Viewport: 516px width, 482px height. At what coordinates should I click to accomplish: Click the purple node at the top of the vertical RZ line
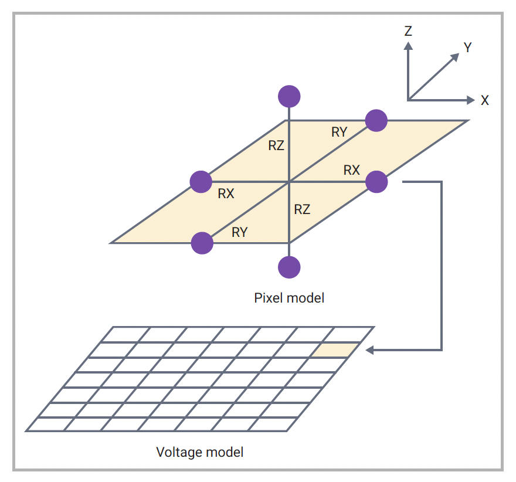(x=288, y=96)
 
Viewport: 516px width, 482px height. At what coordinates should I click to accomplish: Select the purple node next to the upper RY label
(x=376, y=120)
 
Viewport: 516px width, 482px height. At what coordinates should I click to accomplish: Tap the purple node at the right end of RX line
(x=376, y=182)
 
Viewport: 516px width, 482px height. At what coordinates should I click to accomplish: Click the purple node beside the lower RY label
(x=202, y=243)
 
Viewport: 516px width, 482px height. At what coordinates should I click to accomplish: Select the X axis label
(x=484, y=100)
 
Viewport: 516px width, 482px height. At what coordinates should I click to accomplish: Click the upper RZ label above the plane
(x=276, y=146)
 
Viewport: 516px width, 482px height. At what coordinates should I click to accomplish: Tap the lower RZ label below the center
(x=302, y=209)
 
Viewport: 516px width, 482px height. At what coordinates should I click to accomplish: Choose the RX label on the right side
(x=351, y=170)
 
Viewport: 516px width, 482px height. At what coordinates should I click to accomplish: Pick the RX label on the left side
(x=226, y=194)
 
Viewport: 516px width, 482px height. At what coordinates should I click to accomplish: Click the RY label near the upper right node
(x=339, y=133)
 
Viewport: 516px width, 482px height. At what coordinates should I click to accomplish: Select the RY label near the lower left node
(x=239, y=232)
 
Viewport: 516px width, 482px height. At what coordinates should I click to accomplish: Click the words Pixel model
(x=289, y=298)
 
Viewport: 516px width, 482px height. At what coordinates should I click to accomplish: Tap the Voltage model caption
(x=199, y=452)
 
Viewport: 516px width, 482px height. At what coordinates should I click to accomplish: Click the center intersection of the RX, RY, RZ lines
(x=288, y=182)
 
